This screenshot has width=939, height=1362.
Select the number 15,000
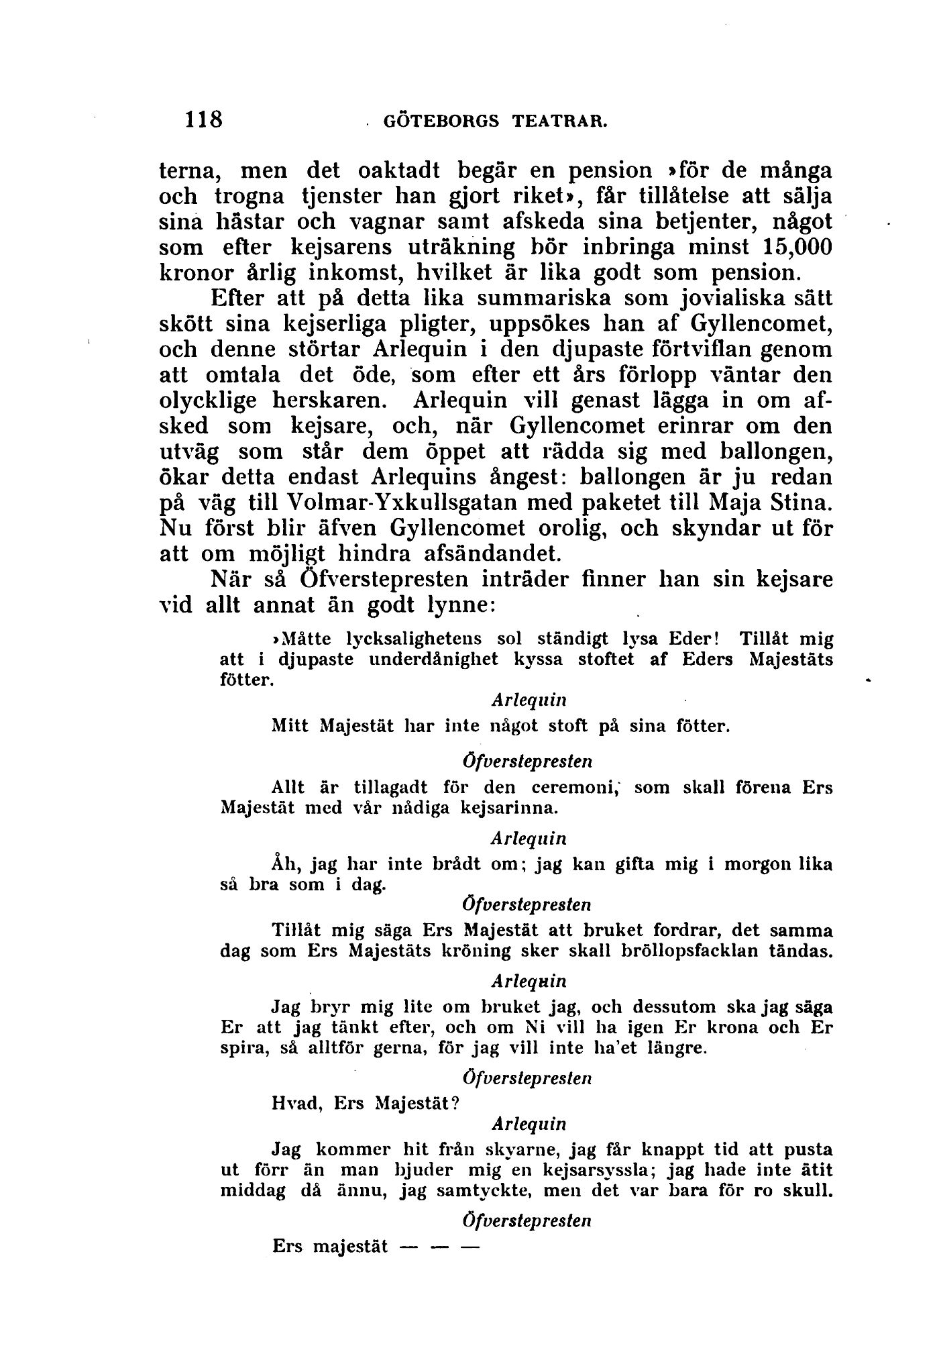(x=797, y=247)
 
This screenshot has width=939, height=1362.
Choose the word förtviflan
(x=708, y=350)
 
